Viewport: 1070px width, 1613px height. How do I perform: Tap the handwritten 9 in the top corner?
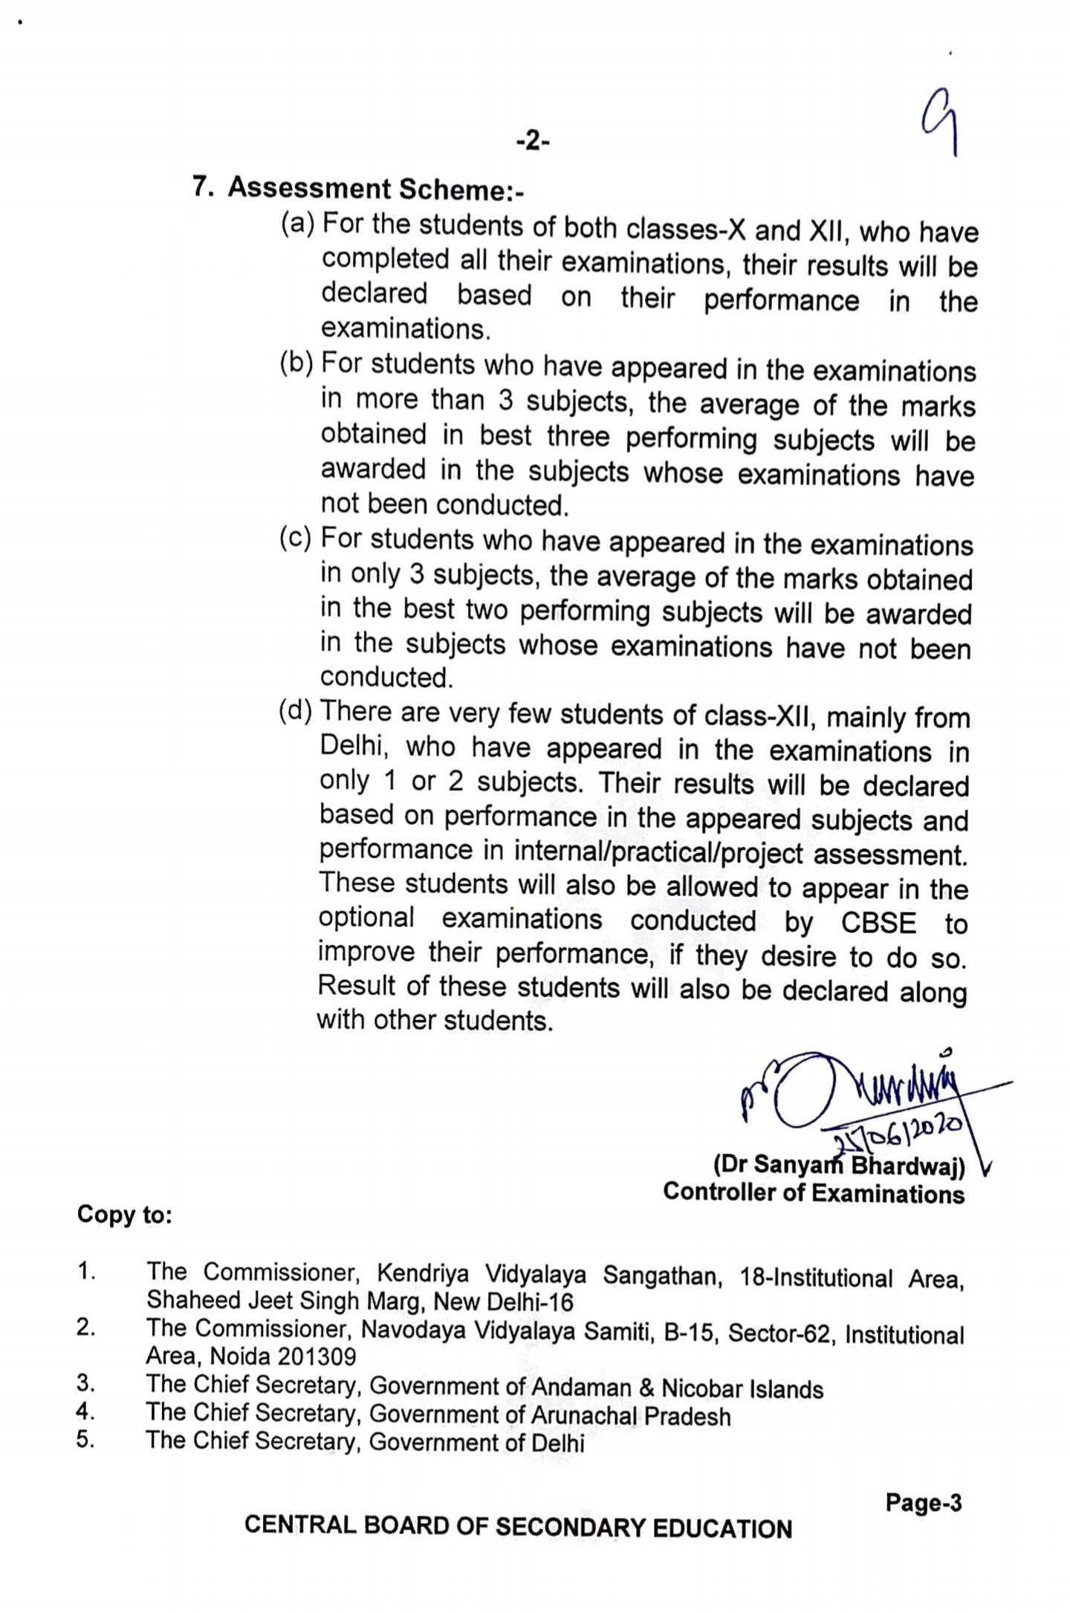(940, 126)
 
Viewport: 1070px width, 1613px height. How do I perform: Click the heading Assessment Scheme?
(375, 189)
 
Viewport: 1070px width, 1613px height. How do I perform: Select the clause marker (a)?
(298, 222)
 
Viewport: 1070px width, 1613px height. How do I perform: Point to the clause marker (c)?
(296, 538)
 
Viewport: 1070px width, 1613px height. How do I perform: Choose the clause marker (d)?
(296, 711)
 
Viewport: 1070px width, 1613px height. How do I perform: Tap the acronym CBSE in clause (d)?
(878, 922)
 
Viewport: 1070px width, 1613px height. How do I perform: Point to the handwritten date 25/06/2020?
(899, 1135)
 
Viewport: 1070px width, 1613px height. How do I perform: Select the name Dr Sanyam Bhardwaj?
(839, 1166)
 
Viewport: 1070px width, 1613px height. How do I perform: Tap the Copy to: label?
(125, 1216)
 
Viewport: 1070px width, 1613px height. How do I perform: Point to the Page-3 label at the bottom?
(923, 1503)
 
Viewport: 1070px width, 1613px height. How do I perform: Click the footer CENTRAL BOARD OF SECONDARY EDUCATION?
(518, 1528)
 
